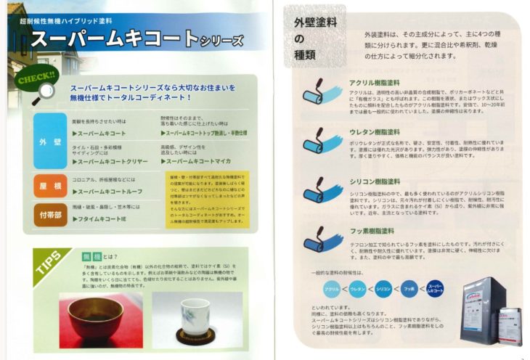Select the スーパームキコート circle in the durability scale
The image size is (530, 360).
click(x=436, y=289)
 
